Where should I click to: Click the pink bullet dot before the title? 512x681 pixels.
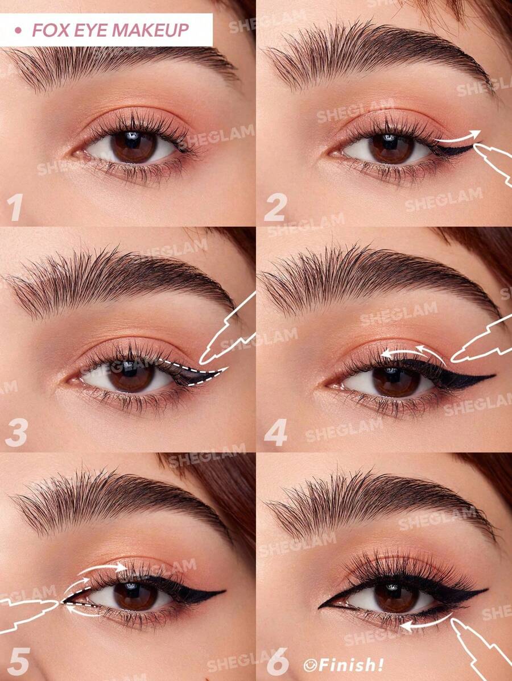18,30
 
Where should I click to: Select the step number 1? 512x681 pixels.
15,208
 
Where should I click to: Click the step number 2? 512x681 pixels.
275,209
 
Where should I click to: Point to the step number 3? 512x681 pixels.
16,433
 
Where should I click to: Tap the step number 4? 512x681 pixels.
276,433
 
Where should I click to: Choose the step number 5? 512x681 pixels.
18,662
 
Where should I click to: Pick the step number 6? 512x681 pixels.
277,662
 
